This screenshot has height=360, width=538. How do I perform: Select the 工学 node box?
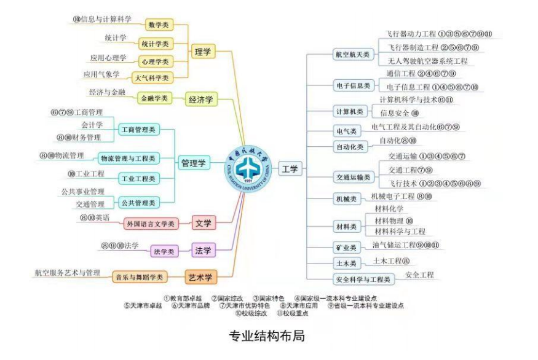(x=290, y=168)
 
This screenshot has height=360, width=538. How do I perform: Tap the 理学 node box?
(x=202, y=52)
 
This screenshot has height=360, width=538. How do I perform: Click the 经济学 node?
(x=200, y=99)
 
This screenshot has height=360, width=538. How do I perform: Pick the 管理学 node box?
(x=194, y=163)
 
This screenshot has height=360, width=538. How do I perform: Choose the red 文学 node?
(x=203, y=223)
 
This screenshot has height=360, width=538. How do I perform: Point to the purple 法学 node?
(x=203, y=250)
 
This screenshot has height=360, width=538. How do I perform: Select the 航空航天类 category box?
(x=352, y=54)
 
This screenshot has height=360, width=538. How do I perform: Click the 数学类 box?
(x=159, y=25)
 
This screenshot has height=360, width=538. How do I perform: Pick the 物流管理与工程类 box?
(x=129, y=158)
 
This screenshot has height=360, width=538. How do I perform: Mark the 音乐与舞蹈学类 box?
(x=140, y=277)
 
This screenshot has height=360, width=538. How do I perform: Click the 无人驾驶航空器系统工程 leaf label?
(x=427, y=61)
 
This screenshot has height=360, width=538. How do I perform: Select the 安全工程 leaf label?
(x=419, y=275)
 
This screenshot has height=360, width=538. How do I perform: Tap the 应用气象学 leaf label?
(x=101, y=74)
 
